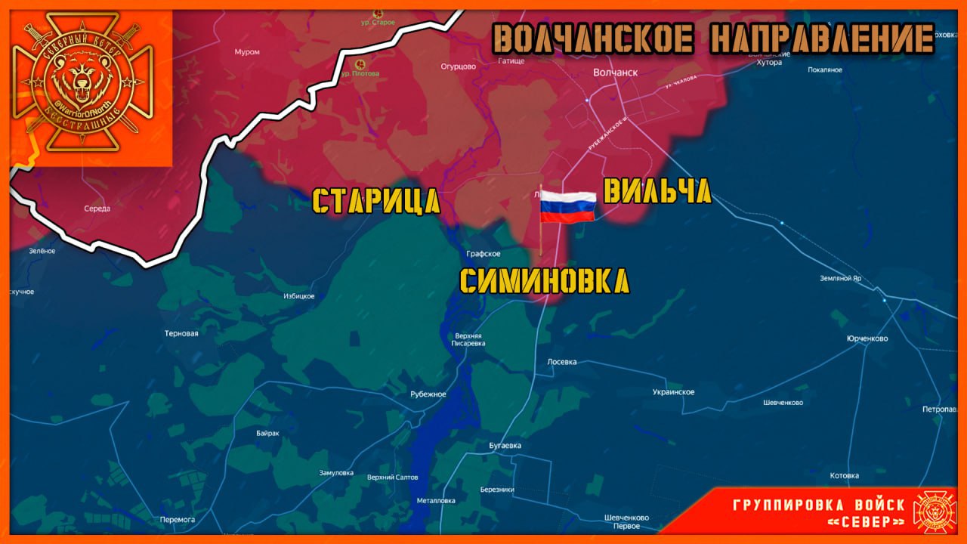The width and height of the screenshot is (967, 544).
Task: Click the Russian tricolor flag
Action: (x=567, y=206)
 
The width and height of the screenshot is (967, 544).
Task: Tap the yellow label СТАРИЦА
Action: (x=376, y=202)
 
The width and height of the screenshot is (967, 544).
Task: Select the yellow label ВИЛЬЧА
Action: (x=657, y=192)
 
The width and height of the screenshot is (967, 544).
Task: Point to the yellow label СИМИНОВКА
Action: (x=544, y=282)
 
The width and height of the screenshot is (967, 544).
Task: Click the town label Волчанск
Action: (x=615, y=73)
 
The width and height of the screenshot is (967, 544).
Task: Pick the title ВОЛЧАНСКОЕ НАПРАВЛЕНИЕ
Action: (x=713, y=39)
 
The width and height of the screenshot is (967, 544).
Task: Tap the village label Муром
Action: (x=247, y=52)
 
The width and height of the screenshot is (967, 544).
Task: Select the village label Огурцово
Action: (x=459, y=66)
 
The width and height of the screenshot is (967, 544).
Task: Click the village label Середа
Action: (x=97, y=209)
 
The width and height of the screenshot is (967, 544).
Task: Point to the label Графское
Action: (x=483, y=254)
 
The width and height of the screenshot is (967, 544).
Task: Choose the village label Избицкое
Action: (x=298, y=296)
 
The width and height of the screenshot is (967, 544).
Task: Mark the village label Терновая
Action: (x=181, y=333)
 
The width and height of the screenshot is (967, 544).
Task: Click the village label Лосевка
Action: (x=561, y=362)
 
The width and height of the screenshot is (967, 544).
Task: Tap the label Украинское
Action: (x=673, y=392)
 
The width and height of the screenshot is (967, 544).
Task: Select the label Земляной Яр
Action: (x=841, y=278)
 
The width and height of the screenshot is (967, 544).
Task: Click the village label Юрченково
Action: (x=867, y=338)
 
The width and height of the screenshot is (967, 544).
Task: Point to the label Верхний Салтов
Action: (x=392, y=478)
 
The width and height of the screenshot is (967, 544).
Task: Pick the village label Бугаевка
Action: (x=505, y=446)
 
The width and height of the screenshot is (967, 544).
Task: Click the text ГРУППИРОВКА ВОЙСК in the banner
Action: (x=818, y=505)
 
